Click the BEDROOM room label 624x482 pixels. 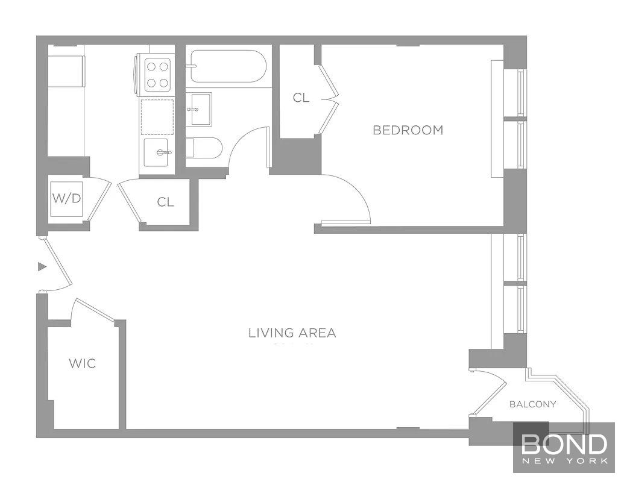(x=408, y=130)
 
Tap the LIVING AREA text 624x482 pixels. (x=292, y=333)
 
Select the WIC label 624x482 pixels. (x=83, y=363)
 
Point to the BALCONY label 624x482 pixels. (x=533, y=404)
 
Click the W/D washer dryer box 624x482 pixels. (x=67, y=199)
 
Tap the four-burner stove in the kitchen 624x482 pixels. (x=156, y=74)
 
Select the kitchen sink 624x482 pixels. (x=159, y=152)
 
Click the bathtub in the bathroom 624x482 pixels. (x=225, y=66)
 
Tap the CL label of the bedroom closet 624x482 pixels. (x=301, y=98)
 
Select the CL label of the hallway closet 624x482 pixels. (x=166, y=202)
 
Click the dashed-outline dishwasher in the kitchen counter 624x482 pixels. (x=157, y=117)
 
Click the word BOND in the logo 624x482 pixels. (x=564, y=444)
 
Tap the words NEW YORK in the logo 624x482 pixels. (x=564, y=461)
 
